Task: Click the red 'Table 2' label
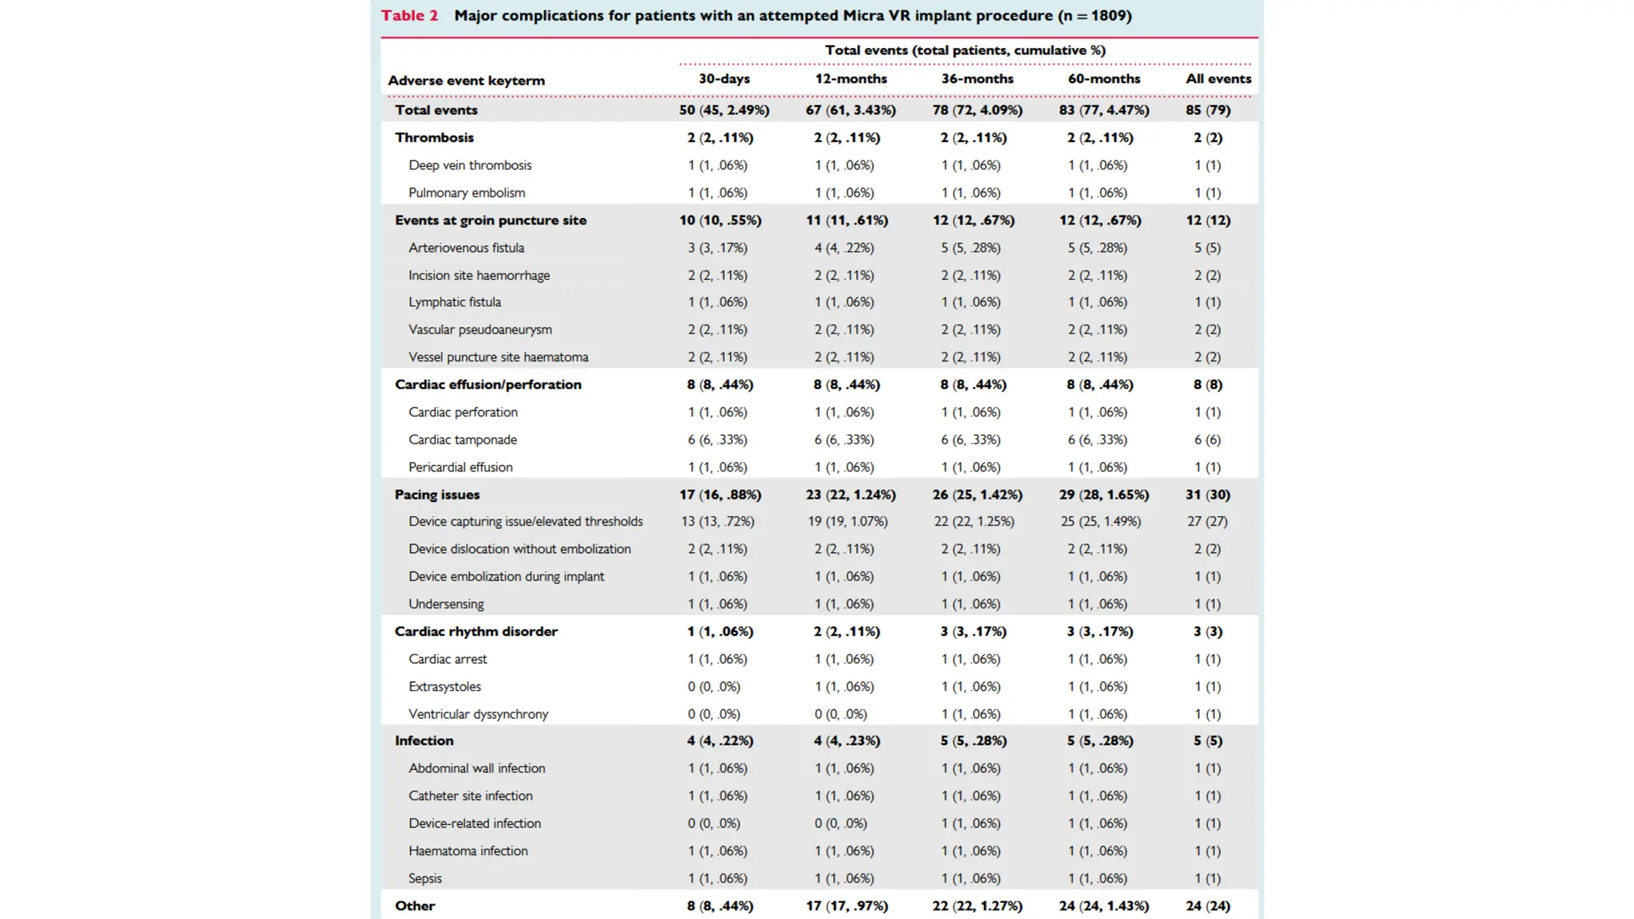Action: click(x=409, y=16)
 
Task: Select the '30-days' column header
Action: click(x=724, y=79)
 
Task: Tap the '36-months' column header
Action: click(x=977, y=79)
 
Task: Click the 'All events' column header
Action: click(x=1218, y=79)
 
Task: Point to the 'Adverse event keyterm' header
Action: click(x=466, y=81)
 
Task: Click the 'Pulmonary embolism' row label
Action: click(x=467, y=193)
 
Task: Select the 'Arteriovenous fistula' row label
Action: click(x=466, y=248)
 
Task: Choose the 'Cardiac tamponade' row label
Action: click(x=463, y=440)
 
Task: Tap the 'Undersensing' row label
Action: click(x=446, y=604)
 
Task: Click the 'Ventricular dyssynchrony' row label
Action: click(x=478, y=714)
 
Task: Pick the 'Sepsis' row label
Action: click(x=424, y=878)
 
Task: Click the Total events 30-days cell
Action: click(x=724, y=110)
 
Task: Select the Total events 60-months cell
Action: click(x=1103, y=110)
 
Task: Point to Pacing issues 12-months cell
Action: click(x=851, y=495)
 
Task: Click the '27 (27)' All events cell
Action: click(x=1206, y=522)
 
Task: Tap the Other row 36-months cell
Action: click(x=977, y=906)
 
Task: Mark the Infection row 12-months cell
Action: click(x=847, y=741)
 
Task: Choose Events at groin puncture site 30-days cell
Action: click(x=720, y=220)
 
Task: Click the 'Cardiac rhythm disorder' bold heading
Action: click(x=476, y=632)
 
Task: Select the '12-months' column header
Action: click(x=851, y=79)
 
